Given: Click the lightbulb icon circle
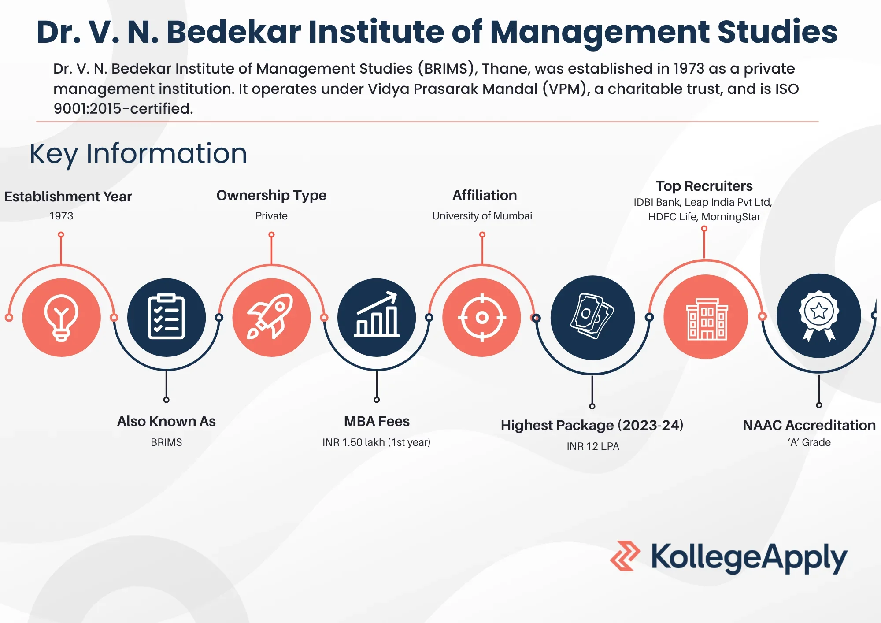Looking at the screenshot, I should tap(61, 317).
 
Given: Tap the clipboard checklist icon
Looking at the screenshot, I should tap(166, 317).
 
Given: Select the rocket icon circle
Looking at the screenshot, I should tap(271, 317).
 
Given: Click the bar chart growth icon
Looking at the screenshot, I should tap(377, 317).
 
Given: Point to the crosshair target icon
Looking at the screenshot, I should tap(482, 317).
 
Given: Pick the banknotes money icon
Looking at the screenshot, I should tap(592, 317).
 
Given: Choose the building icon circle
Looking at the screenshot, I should tap(706, 317).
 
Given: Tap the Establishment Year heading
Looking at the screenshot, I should tap(68, 197).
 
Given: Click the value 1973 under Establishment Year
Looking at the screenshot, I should tap(61, 216).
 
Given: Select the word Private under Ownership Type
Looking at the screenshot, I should tap(271, 216).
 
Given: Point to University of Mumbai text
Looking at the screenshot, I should tap(482, 216).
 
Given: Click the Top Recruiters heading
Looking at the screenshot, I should tap(704, 186).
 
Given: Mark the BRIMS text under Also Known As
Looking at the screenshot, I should tap(166, 442).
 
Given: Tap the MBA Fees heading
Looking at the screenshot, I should tap(377, 422).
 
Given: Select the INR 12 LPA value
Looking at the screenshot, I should tap(593, 446).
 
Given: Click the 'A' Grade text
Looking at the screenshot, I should tap(809, 442).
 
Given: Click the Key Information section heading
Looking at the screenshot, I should tap(138, 154).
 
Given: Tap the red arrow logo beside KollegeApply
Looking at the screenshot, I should tap(625, 556).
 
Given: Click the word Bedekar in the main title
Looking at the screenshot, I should tap(233, 32).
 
